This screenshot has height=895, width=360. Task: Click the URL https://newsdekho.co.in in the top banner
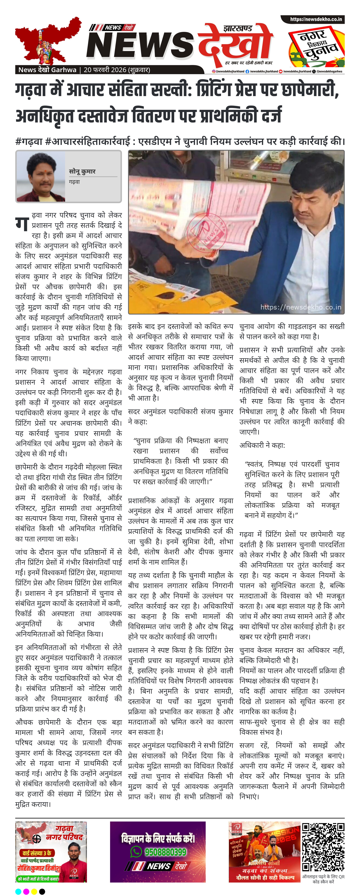click(316, 20)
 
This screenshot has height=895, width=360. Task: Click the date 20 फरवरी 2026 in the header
click(105, 70)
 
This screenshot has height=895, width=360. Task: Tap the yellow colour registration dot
click(34, 891)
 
